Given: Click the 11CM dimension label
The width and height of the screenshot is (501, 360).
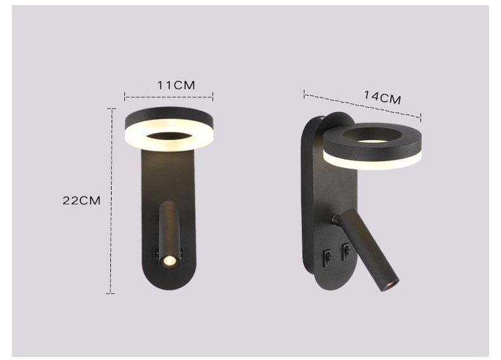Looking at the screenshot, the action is coord(176,86).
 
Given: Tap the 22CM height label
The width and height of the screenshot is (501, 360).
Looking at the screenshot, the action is coord(81,201).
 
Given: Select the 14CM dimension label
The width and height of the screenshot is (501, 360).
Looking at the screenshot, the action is coord(382,97).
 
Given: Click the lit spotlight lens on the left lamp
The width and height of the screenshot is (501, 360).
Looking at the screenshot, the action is coord(169,261).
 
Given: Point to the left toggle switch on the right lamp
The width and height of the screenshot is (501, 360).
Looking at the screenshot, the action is coord(328,255).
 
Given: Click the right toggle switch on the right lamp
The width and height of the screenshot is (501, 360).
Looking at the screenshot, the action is coord(346,250).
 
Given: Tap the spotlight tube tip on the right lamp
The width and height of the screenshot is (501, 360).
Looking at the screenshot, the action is coord(390,285).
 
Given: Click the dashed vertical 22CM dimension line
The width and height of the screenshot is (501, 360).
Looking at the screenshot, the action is coord(111,201).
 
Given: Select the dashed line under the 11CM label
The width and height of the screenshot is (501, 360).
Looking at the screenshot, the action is coord(169,96).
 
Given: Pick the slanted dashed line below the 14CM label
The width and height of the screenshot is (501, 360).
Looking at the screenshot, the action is coord(362,105).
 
